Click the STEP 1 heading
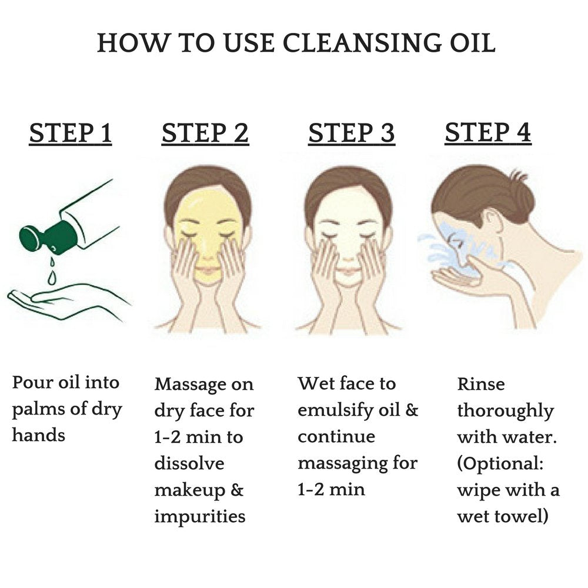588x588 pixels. pyautogui.click(x=71, y=134)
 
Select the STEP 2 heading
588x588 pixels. pyautogui.click(x=205, y=134)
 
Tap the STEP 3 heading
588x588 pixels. pyautogui.click(x=352, y=134)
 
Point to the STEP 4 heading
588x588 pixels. pyautogui.click(x=488, y=133)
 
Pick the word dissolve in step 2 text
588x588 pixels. pyautogui.click(x=189, y=463)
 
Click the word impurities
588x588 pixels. pyautogui.click(x=200, y=516)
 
